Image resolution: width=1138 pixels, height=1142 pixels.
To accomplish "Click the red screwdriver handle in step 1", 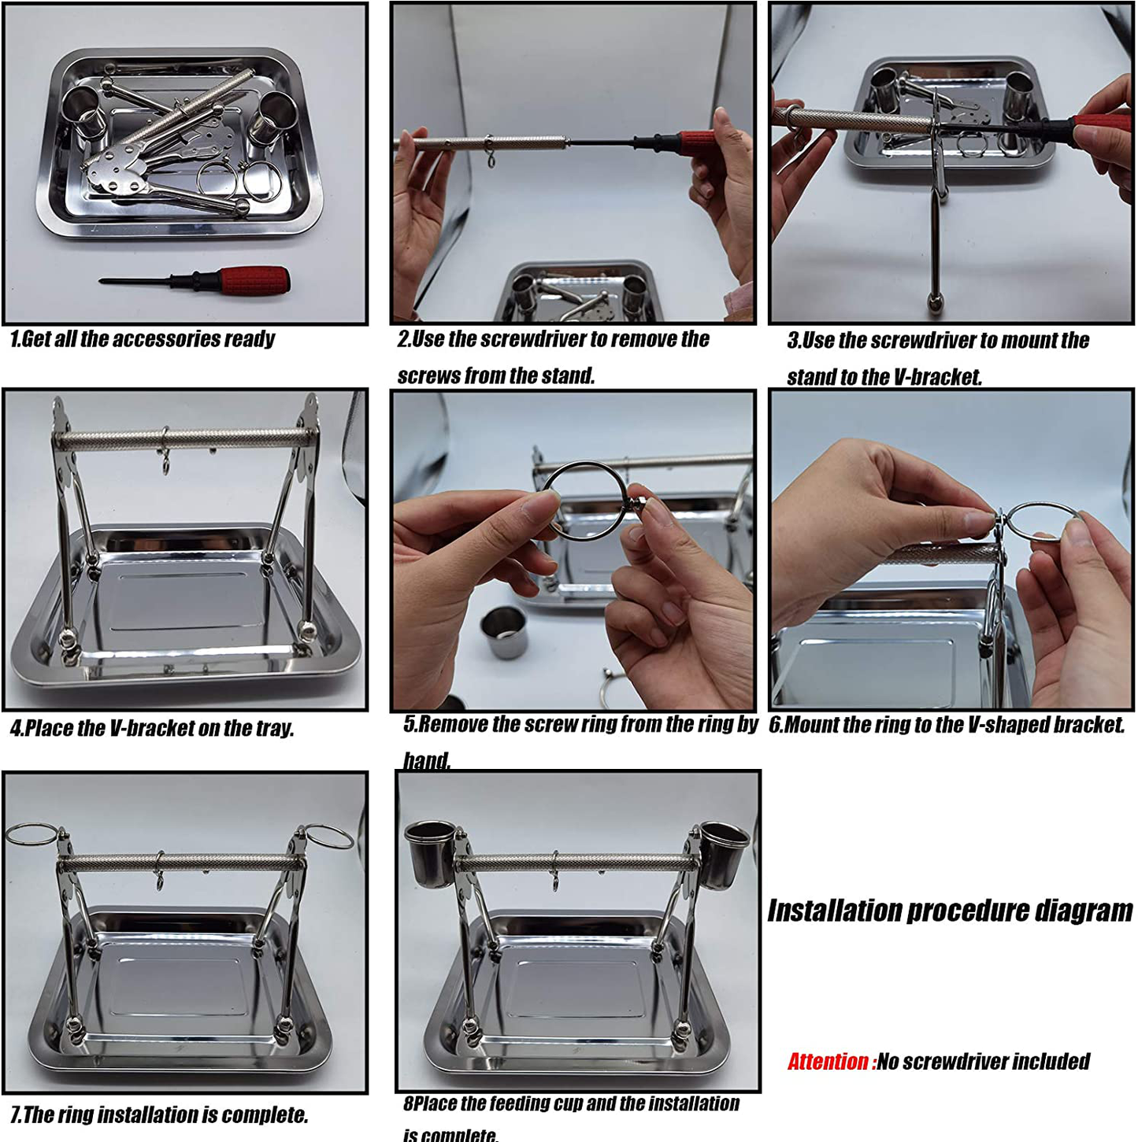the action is (x=254, y=277).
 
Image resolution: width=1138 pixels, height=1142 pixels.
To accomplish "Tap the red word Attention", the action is (x=827, y=1061).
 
